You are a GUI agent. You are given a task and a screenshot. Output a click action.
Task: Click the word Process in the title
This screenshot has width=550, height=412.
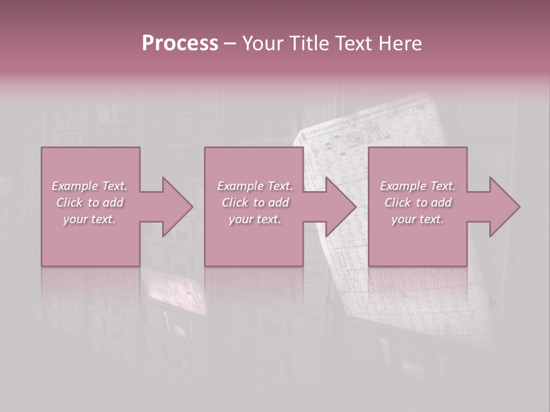[x=180, y=43]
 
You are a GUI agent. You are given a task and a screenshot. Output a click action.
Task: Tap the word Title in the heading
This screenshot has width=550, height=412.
[x=307, y=43]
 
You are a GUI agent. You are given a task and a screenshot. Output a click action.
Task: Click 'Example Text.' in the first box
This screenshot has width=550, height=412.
[x=90, y=186]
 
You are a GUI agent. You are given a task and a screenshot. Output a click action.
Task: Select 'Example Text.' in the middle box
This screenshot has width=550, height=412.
[x=255, y=186]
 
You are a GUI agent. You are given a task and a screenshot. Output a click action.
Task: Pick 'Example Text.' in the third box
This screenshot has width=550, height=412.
[x=418, y=186]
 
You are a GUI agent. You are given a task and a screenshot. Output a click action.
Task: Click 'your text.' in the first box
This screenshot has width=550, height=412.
[x=90, y=219]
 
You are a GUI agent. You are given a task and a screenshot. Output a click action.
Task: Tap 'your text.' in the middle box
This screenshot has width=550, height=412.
[x=255, y=219]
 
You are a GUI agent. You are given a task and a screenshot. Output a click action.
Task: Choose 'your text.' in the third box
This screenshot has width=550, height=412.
[x=418, y=219]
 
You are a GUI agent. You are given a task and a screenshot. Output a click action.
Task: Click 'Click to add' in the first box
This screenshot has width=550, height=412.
[x=90, y=203]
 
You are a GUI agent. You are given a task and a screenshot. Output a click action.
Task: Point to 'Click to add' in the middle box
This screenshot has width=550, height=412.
[x=255, y=203]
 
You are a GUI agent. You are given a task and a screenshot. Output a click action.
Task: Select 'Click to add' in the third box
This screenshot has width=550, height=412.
[x=418, y=203]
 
